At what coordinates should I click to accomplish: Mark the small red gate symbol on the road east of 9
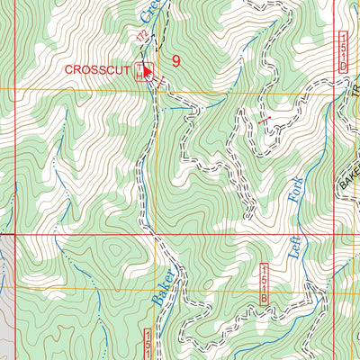click(263, 119)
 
